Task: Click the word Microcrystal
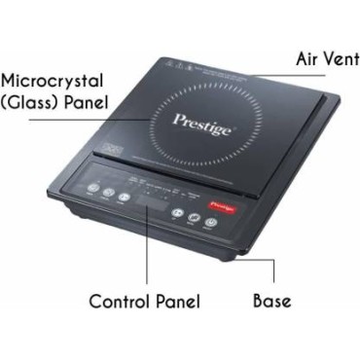[x=55, y=81]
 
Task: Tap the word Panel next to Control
[x=180, y=301]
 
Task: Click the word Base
[x=272, y=301]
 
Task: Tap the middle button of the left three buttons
[x=107, y=193]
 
